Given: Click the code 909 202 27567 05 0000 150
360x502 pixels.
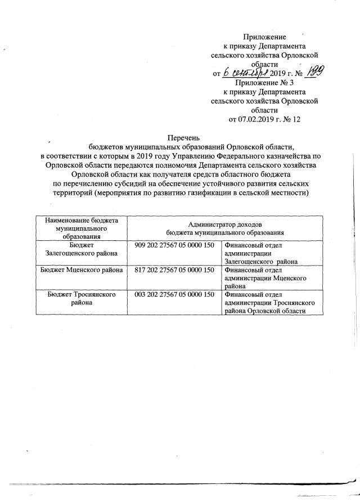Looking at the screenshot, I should (x=175, y=245).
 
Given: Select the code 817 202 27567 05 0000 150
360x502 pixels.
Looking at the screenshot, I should (x=175, y=270).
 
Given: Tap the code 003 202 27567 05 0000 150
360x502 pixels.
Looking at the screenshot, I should (x=175, y=294).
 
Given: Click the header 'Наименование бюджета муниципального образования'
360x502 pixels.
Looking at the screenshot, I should (x=82, y=228).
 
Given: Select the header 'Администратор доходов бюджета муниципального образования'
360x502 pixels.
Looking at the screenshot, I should (x=225, y=228).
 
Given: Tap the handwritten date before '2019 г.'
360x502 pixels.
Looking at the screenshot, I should (x=245, y=73).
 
